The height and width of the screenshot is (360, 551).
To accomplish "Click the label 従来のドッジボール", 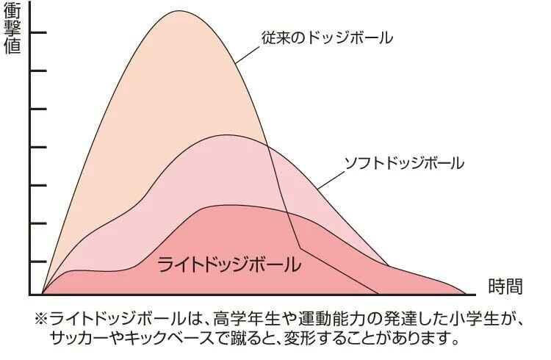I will pos(327,36).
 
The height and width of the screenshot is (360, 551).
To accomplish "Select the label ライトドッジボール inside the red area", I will pos(229,264).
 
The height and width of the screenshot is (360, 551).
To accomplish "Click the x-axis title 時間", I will pos(505,286).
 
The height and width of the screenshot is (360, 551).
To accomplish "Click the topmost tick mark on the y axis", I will pos(37,33).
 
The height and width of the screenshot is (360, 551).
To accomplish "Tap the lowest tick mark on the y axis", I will pos(37,260).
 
